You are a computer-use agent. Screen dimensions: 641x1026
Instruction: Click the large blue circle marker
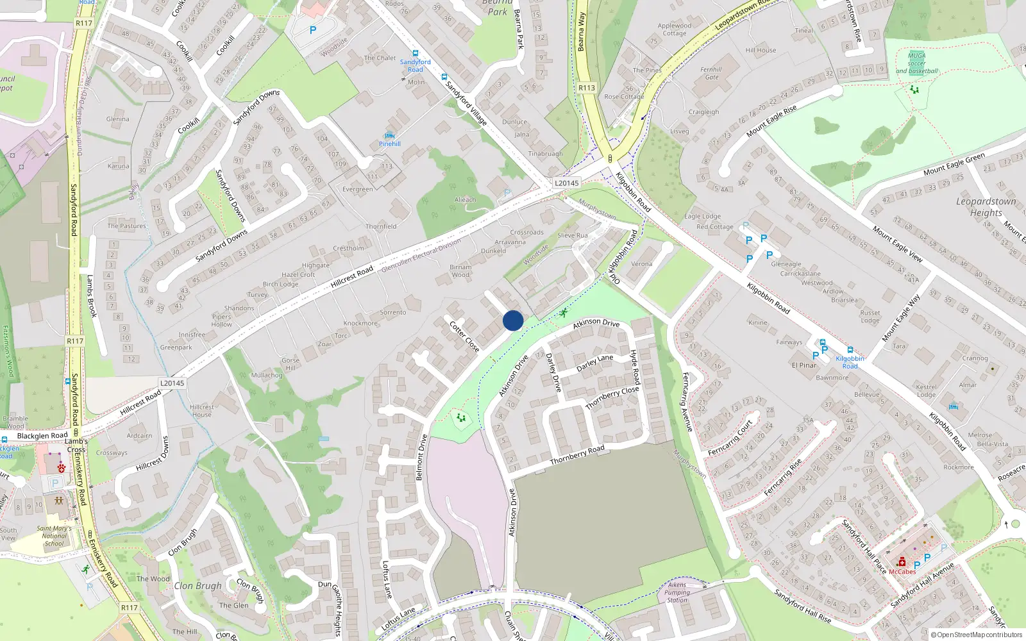[513, 320]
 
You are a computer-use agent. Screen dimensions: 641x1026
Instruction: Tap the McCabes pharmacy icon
[902, 562]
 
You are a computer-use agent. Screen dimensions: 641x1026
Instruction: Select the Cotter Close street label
[464, 337]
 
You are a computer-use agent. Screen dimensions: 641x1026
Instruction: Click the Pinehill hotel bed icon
[389, 135]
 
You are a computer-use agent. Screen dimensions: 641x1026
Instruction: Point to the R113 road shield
[587, 88]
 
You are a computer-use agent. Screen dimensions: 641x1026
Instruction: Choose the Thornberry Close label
[612, 398]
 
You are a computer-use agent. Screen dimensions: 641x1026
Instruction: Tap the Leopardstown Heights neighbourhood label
[986, 206]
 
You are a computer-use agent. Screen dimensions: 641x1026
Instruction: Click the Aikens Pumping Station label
[677, 592]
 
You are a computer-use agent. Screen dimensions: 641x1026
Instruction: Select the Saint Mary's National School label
[54, 536]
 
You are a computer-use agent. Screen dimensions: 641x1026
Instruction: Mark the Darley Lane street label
[594, 363]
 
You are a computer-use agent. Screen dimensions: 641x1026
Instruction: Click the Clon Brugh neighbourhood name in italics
[198, 585]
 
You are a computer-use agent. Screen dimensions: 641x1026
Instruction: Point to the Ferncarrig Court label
[730, 438]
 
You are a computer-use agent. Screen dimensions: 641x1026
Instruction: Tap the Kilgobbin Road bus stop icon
[850, 350]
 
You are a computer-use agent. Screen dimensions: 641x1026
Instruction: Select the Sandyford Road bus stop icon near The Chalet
[415, 54]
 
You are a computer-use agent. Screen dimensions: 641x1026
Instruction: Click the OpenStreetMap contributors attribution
[977, 635]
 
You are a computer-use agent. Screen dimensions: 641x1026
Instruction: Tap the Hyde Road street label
[635, 367]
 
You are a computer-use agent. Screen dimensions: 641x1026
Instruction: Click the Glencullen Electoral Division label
[421, 256]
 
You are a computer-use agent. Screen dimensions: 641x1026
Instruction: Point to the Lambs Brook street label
[91, 296]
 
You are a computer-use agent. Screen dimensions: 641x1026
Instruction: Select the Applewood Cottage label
[674, 29]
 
